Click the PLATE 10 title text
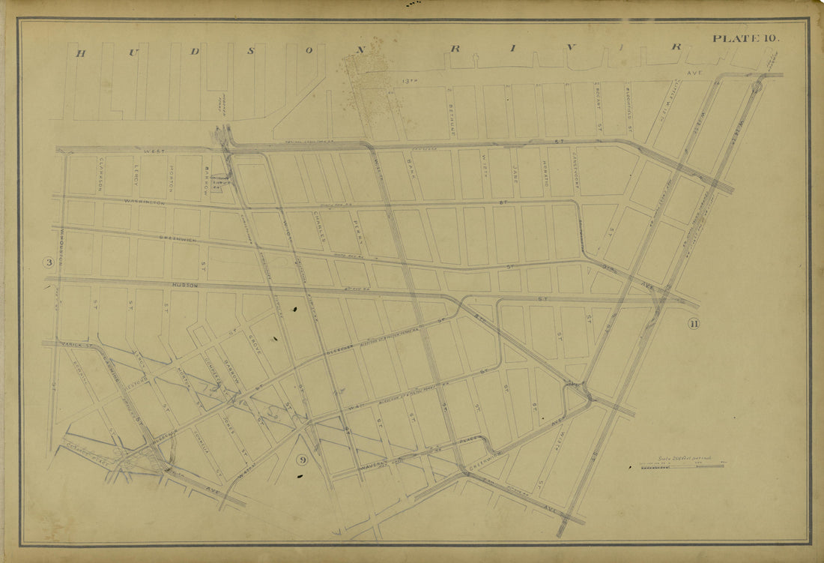[745, 38]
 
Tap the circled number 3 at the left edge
[49, 262]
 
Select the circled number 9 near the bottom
[300, 460]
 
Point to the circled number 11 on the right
[693, 324]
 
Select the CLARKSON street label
[100, 174]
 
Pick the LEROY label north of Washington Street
[136, 175]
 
